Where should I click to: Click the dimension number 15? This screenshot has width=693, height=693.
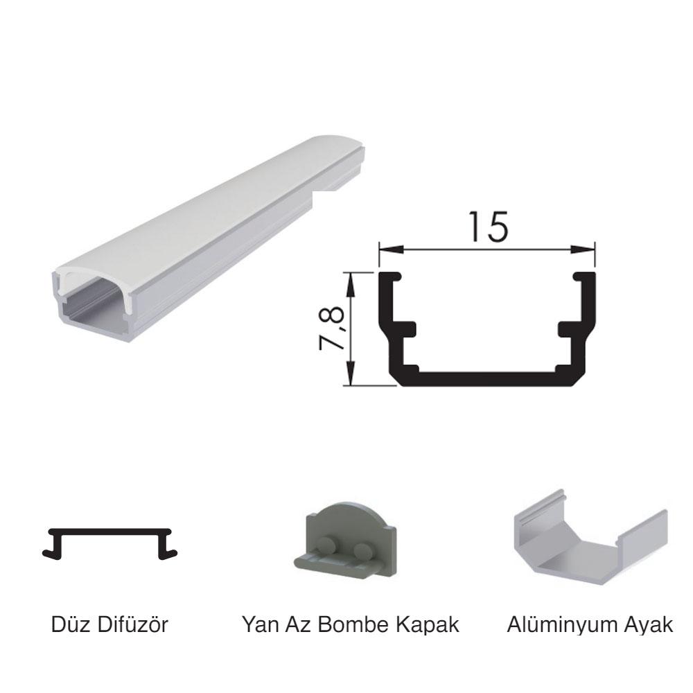coord(489,227)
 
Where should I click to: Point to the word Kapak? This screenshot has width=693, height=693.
coord(428,625)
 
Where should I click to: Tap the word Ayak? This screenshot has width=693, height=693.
coord(646,625)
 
